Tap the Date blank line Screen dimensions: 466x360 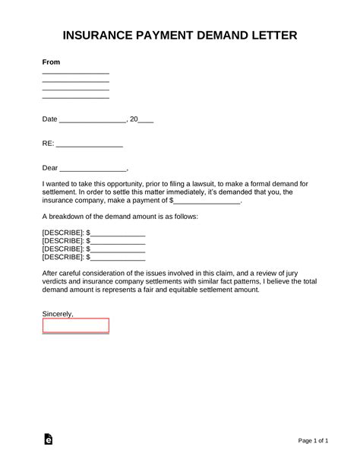tap(92, 119)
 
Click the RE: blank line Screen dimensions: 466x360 tap(90, 144)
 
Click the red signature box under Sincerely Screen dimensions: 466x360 tap(76, 325)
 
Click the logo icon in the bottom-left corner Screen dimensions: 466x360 tap(49, 440)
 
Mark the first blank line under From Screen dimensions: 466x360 tap(76, 73)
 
